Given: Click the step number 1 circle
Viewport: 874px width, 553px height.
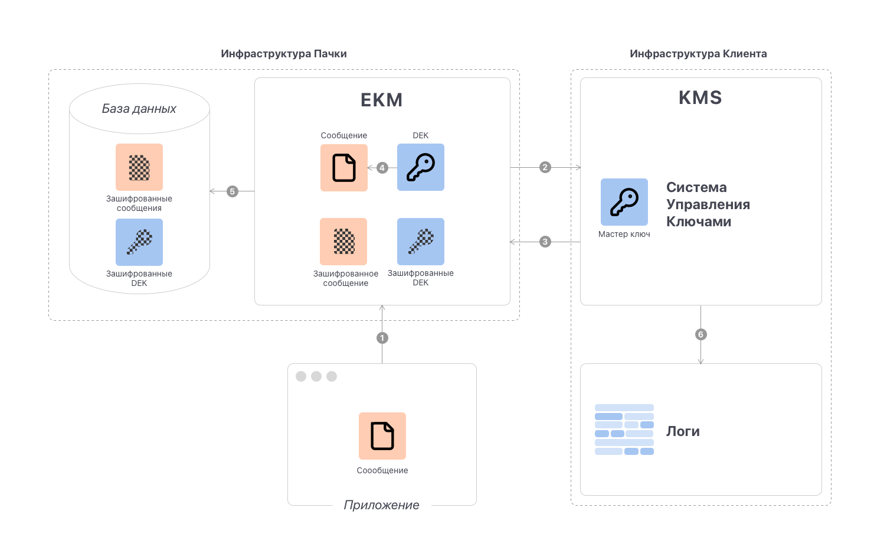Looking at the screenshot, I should (382, 338).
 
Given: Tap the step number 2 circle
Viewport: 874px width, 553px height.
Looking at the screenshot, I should (545, 167).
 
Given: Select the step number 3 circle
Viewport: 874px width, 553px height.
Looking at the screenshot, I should (545, 242).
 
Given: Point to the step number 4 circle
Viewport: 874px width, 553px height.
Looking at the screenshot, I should (382, 168).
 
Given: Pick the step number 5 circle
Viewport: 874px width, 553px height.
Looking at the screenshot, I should (233, 191).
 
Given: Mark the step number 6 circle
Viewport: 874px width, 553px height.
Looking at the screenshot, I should (701, 334).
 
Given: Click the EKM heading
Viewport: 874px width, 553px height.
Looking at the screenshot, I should (382, 100).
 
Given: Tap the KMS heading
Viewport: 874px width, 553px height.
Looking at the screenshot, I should (700, 97).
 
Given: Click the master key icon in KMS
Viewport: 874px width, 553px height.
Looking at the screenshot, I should (624, 202).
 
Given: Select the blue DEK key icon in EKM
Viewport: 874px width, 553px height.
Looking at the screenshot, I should (421, 167).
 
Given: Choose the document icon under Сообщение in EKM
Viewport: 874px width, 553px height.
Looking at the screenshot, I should (344, 168).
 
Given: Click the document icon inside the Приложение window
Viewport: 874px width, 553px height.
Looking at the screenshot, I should (382, 436).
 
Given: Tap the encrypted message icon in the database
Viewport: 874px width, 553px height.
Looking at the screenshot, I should (139, 167).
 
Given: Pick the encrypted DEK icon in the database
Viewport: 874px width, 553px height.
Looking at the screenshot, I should (139, 242).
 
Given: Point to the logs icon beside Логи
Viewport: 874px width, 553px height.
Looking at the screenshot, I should (624, 430).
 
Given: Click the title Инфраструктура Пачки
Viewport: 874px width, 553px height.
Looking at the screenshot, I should (284, 54).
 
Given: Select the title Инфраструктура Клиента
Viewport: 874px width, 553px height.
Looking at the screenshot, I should (698, 54).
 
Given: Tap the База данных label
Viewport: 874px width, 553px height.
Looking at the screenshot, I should (139, 109).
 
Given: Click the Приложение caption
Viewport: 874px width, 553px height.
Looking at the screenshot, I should (382, 505).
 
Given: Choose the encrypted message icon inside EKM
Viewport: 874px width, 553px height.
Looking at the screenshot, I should (343, 242).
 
